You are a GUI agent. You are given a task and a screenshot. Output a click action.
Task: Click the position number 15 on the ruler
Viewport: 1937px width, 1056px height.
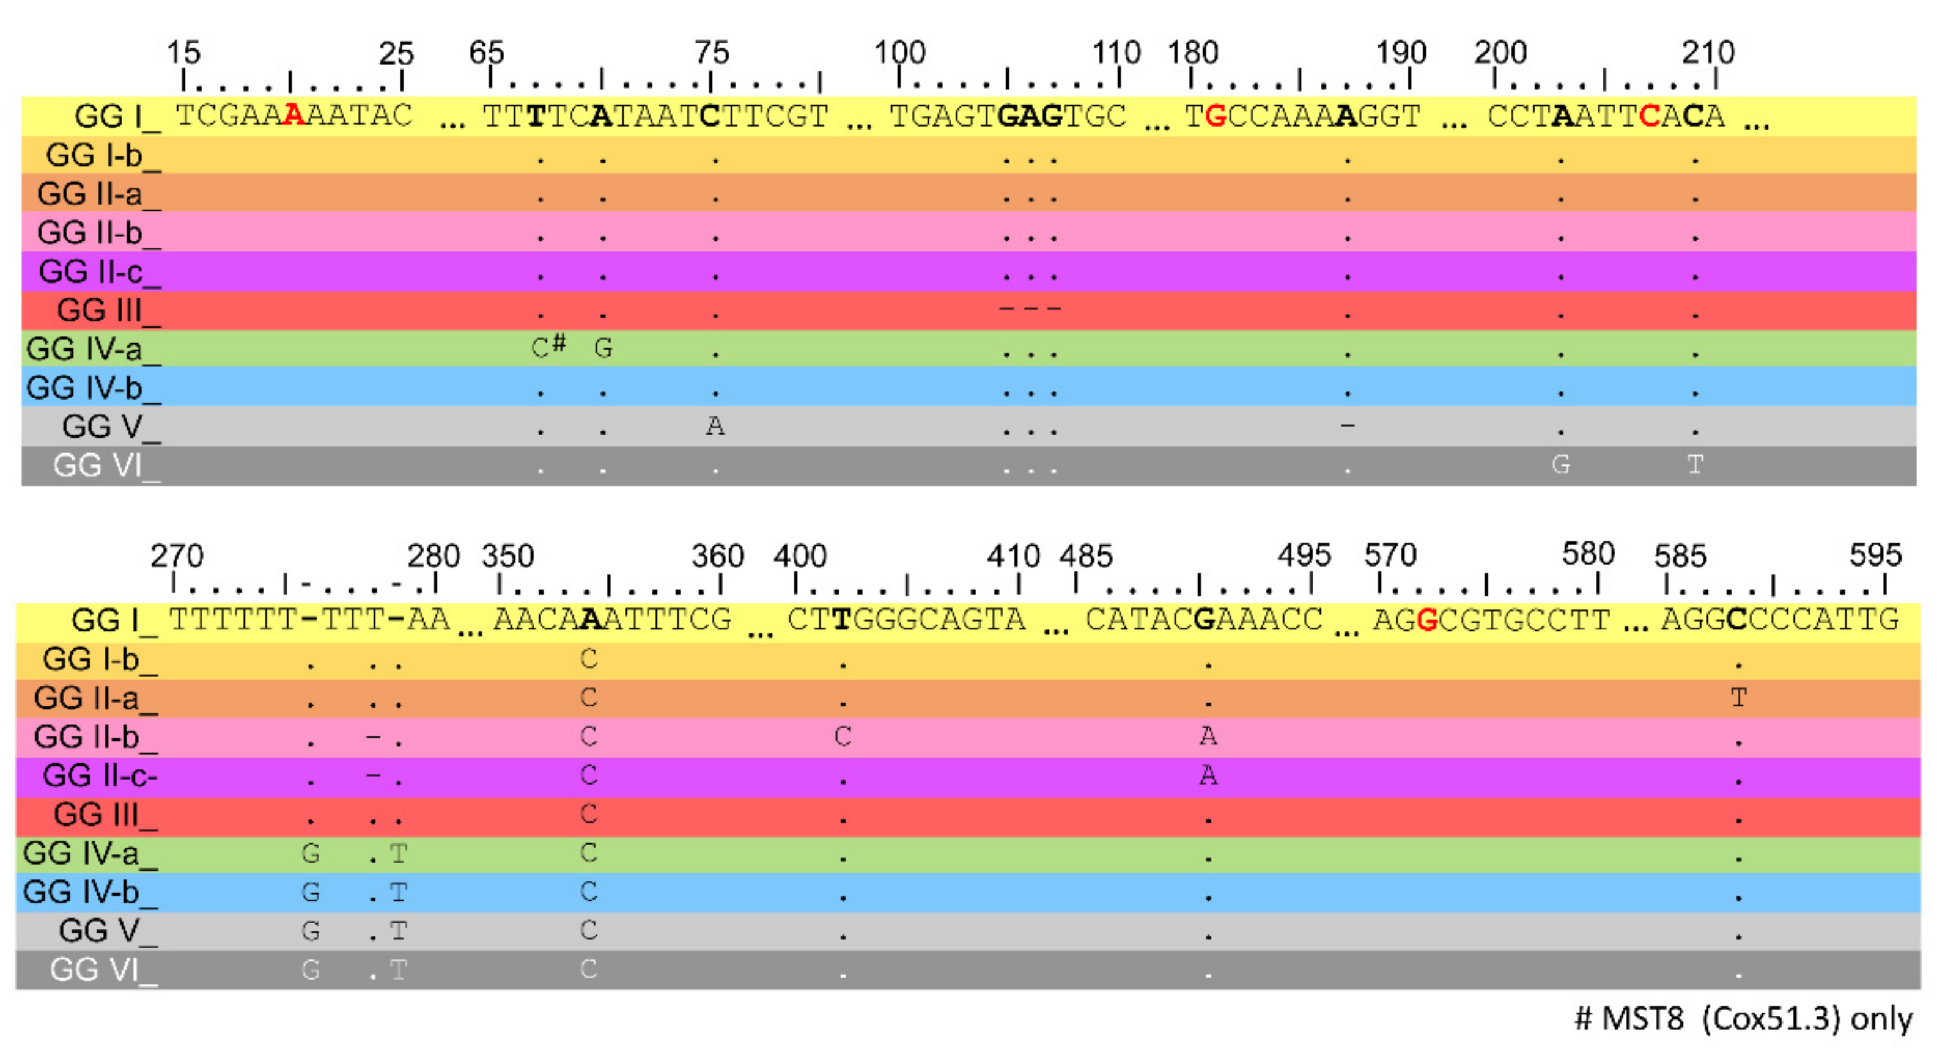coord(183,53)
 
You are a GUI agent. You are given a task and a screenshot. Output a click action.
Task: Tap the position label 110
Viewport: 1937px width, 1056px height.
coord(1116,53)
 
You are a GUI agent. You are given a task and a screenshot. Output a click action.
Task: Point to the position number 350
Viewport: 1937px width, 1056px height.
coord(507,556)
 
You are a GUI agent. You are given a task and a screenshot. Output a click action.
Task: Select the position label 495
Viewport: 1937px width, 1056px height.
coord(1304,556)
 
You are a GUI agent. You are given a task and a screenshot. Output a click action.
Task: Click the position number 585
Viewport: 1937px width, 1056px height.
coord(1680,556)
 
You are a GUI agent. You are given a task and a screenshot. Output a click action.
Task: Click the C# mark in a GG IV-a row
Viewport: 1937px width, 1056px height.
coord(548,346)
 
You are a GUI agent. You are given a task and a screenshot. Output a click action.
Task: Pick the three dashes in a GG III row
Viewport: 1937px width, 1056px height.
coord(1030,308)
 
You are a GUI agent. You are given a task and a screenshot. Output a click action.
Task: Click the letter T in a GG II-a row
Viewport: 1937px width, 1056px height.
coord(1738,698)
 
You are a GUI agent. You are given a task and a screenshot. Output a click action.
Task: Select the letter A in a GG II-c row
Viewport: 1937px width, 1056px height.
coord(1208,775)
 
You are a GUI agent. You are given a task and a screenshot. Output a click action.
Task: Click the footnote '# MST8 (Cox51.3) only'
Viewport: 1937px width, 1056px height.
coord(1743,1019)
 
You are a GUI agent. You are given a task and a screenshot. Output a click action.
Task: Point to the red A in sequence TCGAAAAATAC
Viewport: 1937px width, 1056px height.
coord(293,116)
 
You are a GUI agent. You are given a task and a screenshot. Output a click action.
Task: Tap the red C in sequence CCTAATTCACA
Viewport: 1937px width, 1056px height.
coord(1649,116)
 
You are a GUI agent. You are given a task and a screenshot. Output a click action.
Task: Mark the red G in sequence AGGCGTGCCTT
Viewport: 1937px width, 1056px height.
coord(1426,620)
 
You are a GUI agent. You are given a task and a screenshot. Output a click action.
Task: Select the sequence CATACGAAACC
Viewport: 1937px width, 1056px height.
coord(1203,620)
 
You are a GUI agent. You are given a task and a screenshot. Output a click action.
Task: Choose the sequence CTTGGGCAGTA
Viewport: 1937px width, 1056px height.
coord(906,620)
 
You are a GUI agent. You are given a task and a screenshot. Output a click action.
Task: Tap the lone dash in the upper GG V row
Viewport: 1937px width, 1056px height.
coord(1348,425)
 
